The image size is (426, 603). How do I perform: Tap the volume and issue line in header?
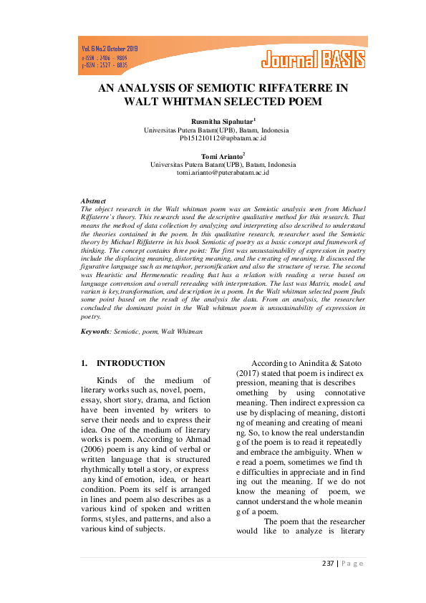[x=110, y=49]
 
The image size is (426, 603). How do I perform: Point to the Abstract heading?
[x=93, y=201]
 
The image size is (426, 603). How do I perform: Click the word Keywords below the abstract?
[x=95, y=332]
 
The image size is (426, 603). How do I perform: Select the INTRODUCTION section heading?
[x=130, y=363]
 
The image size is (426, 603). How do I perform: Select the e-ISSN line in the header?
[x=105, y=57]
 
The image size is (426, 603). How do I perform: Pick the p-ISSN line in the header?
[x=105, y=64]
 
